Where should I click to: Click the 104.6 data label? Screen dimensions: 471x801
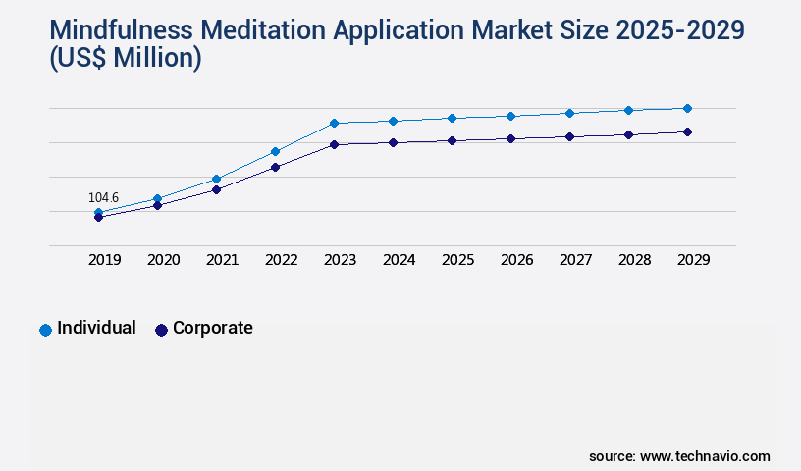[103, 197]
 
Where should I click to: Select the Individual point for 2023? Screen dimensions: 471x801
[334, 123]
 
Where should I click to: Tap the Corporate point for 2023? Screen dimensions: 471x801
[334, 144]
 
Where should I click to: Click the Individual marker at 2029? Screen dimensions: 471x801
[687, 108]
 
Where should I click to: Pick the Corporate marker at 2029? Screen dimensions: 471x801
[687, 131]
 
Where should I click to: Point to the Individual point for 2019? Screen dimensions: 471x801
[98, 212]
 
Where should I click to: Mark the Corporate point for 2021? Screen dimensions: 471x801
[216, 189]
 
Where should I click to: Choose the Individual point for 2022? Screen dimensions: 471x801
[275, 151]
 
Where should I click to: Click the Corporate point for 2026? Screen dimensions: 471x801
[510, 138]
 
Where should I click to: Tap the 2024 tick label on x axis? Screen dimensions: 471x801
[399, 260]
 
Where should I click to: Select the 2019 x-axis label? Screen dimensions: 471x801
[104, 260]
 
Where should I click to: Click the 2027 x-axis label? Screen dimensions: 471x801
[575, 260]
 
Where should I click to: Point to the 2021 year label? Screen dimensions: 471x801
[222, 260]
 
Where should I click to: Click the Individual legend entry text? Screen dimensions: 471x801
[96, 328]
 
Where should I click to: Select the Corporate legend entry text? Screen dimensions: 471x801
[212, 328]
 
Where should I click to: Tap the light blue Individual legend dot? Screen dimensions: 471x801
[45, 330]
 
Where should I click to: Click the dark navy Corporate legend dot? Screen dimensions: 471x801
[161, 330]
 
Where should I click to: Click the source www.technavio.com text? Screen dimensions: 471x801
[679, 456]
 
